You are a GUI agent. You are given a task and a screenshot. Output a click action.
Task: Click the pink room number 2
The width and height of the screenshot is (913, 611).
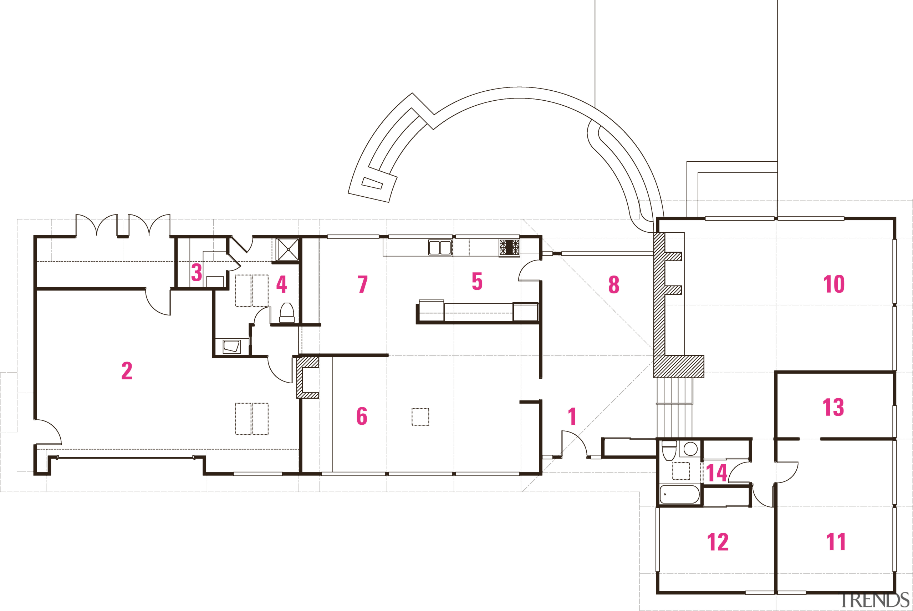coord(127,370)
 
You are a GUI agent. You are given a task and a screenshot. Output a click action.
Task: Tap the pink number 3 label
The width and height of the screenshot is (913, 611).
coord(197,272)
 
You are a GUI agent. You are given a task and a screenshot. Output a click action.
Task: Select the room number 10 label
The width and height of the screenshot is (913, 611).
coord(833,284)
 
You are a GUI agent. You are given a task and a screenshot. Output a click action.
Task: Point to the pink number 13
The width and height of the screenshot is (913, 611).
coord(833,408)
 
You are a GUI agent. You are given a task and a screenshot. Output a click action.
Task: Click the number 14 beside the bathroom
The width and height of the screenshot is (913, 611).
coord(716,473)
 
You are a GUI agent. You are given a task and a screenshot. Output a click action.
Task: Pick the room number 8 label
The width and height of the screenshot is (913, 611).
coord(614,284)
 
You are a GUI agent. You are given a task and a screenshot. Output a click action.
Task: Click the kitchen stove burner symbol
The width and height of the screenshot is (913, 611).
coord(509,247)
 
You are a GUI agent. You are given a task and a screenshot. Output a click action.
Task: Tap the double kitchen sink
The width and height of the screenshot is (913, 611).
coord(440,247)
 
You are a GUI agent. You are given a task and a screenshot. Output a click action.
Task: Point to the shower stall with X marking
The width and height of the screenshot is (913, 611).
coord(288,249)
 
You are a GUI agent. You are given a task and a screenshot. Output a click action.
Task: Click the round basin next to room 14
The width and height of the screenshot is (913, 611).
coord(690,449)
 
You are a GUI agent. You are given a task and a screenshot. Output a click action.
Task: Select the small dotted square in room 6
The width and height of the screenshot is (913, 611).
coord(420,417)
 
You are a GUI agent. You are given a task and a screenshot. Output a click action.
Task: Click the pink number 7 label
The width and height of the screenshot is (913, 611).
coord(362,284)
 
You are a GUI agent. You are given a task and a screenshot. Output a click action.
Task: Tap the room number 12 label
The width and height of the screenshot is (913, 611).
coord(718,542)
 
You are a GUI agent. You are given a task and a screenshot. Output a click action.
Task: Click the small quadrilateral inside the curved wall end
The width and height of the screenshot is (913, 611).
coord(372,183)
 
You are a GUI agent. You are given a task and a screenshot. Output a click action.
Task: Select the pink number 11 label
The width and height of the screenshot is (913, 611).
coord(836,542)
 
